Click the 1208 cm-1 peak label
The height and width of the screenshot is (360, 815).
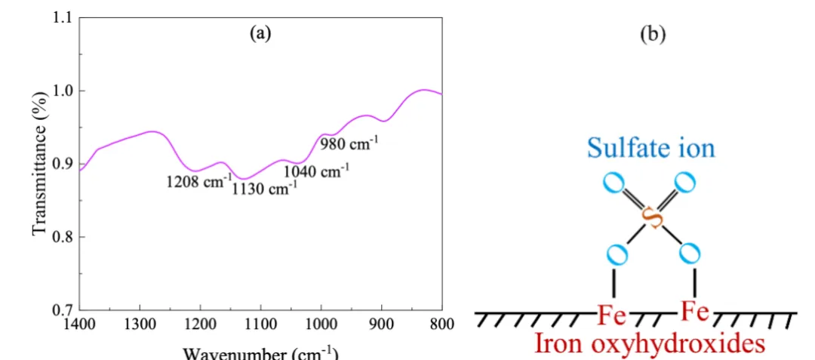click(198, 182)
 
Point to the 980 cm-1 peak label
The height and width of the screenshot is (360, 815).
click(349, 141)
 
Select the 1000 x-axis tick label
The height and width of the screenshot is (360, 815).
click(321, 326)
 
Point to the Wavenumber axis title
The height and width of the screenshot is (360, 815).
click(260, 353)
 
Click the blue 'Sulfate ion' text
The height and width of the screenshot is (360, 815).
click(650, 147)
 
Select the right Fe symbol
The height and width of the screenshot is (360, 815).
click(695, 310)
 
